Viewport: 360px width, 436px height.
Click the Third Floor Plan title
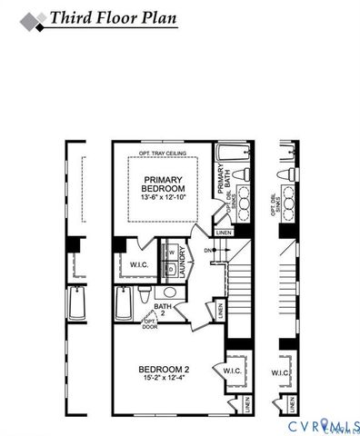(x=114, y=18)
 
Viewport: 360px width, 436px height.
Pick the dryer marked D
(x=171, y=271)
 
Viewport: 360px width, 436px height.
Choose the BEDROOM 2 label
(x=164, y=369)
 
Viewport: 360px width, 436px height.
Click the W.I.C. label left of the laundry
(x=128, y=265)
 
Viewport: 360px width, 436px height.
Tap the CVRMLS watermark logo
(x=324, y=426)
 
